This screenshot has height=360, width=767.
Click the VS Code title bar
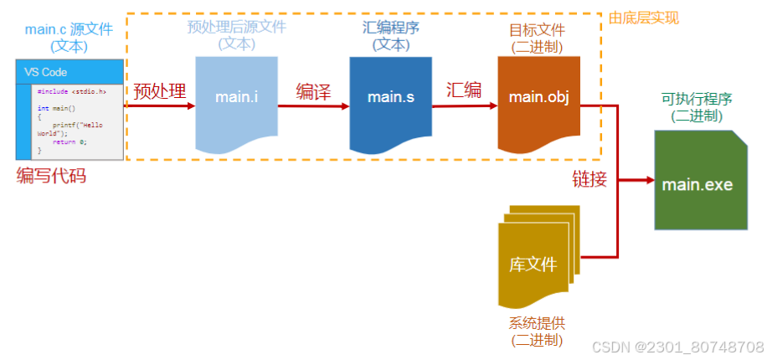click(69, 72)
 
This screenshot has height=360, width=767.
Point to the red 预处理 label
click(159, 91)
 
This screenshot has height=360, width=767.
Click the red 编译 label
click(313, 91)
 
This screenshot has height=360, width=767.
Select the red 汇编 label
click(464, 90)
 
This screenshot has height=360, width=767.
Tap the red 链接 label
click(589, 178)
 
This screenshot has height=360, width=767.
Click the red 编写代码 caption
click(51, 176)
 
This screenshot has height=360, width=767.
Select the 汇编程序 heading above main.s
click(391, 28)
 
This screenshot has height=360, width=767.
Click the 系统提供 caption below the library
click(537, 323)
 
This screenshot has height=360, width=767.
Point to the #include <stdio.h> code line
click(71, 90)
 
